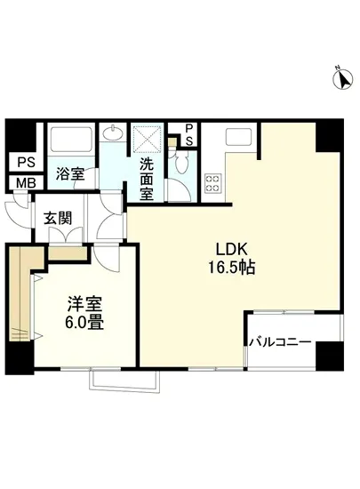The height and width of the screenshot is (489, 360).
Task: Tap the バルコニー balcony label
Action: (x=280, y=341)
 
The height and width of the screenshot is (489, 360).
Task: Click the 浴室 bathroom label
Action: (x=70, y=173)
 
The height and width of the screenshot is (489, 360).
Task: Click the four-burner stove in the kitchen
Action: (x=214, y=183)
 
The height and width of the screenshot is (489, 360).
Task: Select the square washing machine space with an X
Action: (x=147, y=139)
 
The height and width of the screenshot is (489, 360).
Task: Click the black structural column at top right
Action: (x=328, y=134)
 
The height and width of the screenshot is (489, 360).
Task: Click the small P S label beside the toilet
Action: (x=188, y=134)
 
